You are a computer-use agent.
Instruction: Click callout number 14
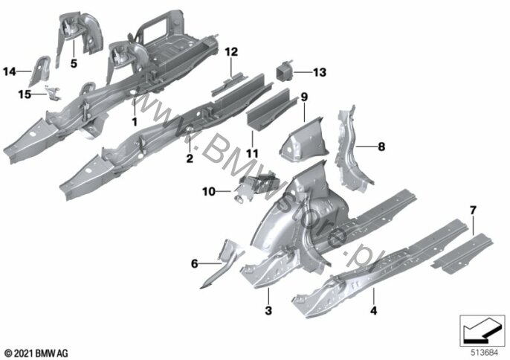[x=10, y=71]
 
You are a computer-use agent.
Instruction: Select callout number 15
[x=25, y=94]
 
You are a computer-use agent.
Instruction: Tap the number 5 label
[x=74, y=63]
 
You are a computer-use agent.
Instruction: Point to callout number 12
[x=232, y=52]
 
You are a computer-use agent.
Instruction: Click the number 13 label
[x=320, y=72]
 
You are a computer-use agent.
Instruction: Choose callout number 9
[x=304, y=97]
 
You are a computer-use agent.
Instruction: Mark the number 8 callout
[x=381, y=147]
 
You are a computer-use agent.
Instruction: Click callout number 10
[x=209, y=191]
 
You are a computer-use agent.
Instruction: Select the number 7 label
[x=473, y=210]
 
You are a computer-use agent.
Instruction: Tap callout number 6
[x=195, y=263]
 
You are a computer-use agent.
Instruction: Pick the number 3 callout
[x=268, y=310]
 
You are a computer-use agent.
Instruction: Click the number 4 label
[x=374, y=310]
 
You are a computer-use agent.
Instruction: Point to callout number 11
[x=252, y=153]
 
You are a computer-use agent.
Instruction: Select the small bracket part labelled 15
[x=52, y=92]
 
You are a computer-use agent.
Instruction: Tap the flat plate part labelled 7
[x=462, y=253]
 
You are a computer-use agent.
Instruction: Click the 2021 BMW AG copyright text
[x=36, y=353]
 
